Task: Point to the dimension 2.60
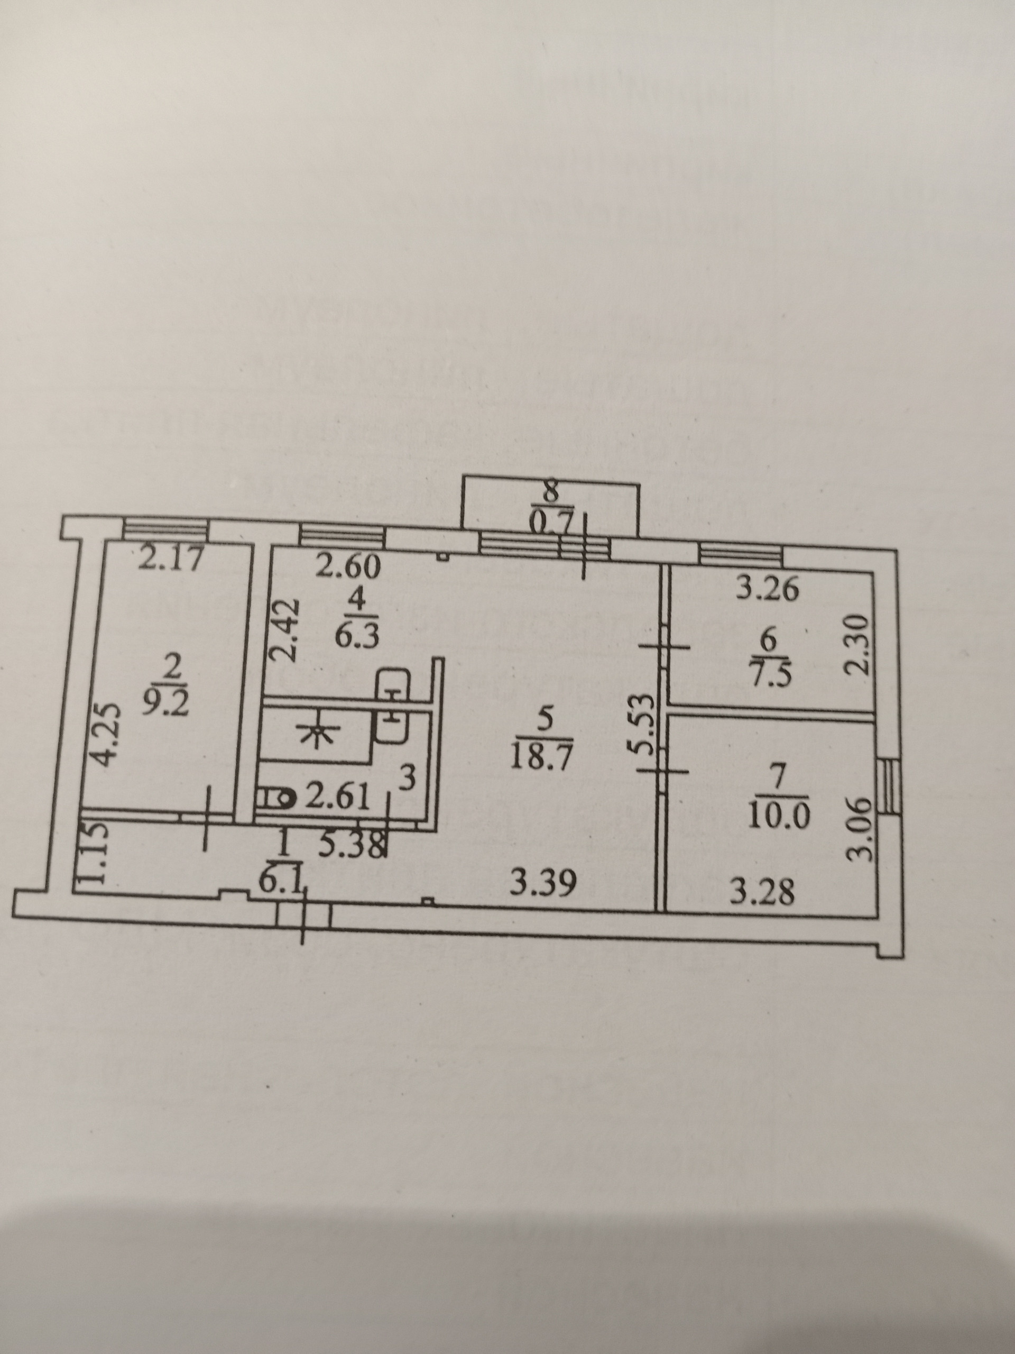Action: click(x=349, y=568)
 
